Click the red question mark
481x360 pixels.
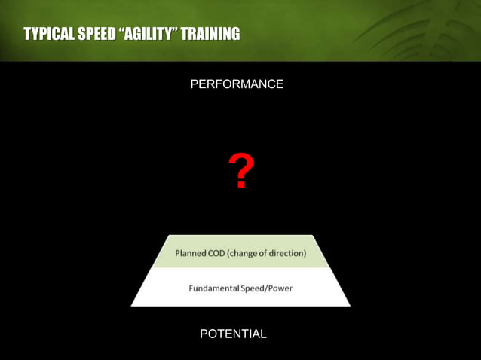point(240,172)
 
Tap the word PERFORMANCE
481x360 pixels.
point(237,84)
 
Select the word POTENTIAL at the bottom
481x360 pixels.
point(233,334)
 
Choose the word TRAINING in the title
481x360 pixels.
point(211,34)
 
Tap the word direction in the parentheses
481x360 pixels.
point(284,253)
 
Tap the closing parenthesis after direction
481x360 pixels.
point(305,253)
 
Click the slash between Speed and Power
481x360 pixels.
point(267,288)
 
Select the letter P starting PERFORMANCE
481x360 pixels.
point(195,84)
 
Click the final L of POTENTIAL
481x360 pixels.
point(263,334)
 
